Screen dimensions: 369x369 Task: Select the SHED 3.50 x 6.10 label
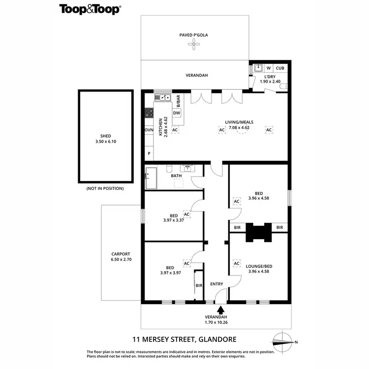pos(105,139)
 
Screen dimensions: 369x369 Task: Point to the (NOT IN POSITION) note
pos(105,188)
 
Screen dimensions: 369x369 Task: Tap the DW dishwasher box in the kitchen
pos(177,113)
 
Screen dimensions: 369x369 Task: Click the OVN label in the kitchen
pos(149,130)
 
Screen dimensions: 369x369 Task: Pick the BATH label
pos(176,176)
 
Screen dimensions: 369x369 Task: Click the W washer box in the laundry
pos(269,68)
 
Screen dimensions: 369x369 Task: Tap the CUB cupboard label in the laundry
pos(280,68)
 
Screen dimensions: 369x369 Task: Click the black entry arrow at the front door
pos(220,310)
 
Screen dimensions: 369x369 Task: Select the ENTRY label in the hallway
pos(216,284)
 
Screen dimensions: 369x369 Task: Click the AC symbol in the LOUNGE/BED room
pos(236,263)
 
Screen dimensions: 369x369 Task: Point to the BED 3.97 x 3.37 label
pos(173,218)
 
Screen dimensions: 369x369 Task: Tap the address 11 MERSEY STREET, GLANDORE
pos(184,339)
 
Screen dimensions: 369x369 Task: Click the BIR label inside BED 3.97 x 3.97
pos(199,285)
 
